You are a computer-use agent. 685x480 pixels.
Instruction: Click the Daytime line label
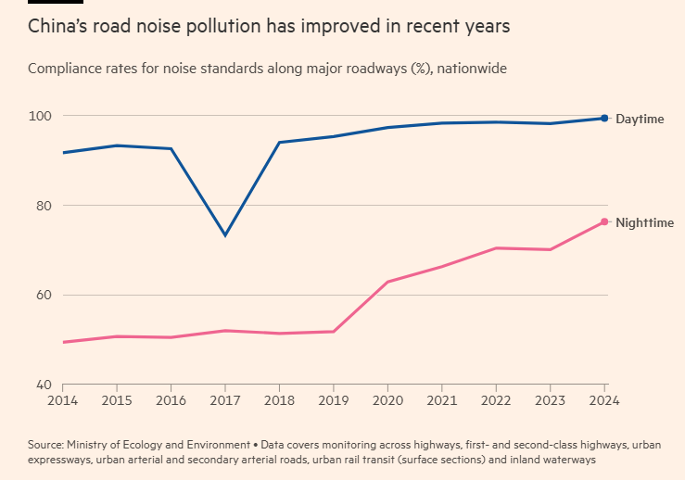pos(639,120)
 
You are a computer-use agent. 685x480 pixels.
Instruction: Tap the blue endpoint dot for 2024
pos(604,118)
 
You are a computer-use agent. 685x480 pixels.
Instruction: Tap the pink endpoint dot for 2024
pos(604,221)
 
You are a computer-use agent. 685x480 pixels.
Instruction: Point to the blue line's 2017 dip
pos(225,234)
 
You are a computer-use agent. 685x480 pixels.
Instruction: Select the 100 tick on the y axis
pos(41,116)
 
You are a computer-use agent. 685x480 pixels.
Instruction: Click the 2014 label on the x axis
pos(62,401)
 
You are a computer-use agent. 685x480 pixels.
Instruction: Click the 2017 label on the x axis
pos(225,401)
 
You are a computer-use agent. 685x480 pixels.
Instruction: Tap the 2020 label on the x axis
pos(387,401)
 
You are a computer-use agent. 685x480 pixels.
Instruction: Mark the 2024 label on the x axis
pos(604,401)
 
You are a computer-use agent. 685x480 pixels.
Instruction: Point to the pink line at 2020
pos(387,281)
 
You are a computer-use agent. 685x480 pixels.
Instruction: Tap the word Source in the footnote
pos(46,445)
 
